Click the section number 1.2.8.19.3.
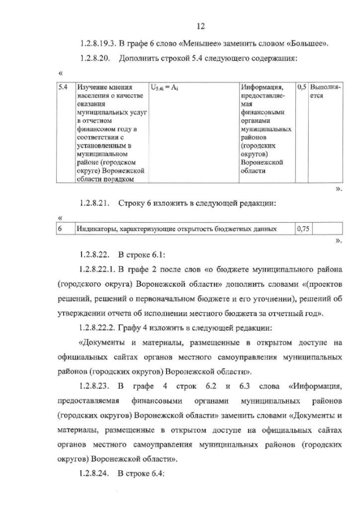pos(97,44)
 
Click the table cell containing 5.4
pos(64,88)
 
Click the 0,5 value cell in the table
pos(301,88)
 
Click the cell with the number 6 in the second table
pos(60,229)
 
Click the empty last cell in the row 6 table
pos(327,229)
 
